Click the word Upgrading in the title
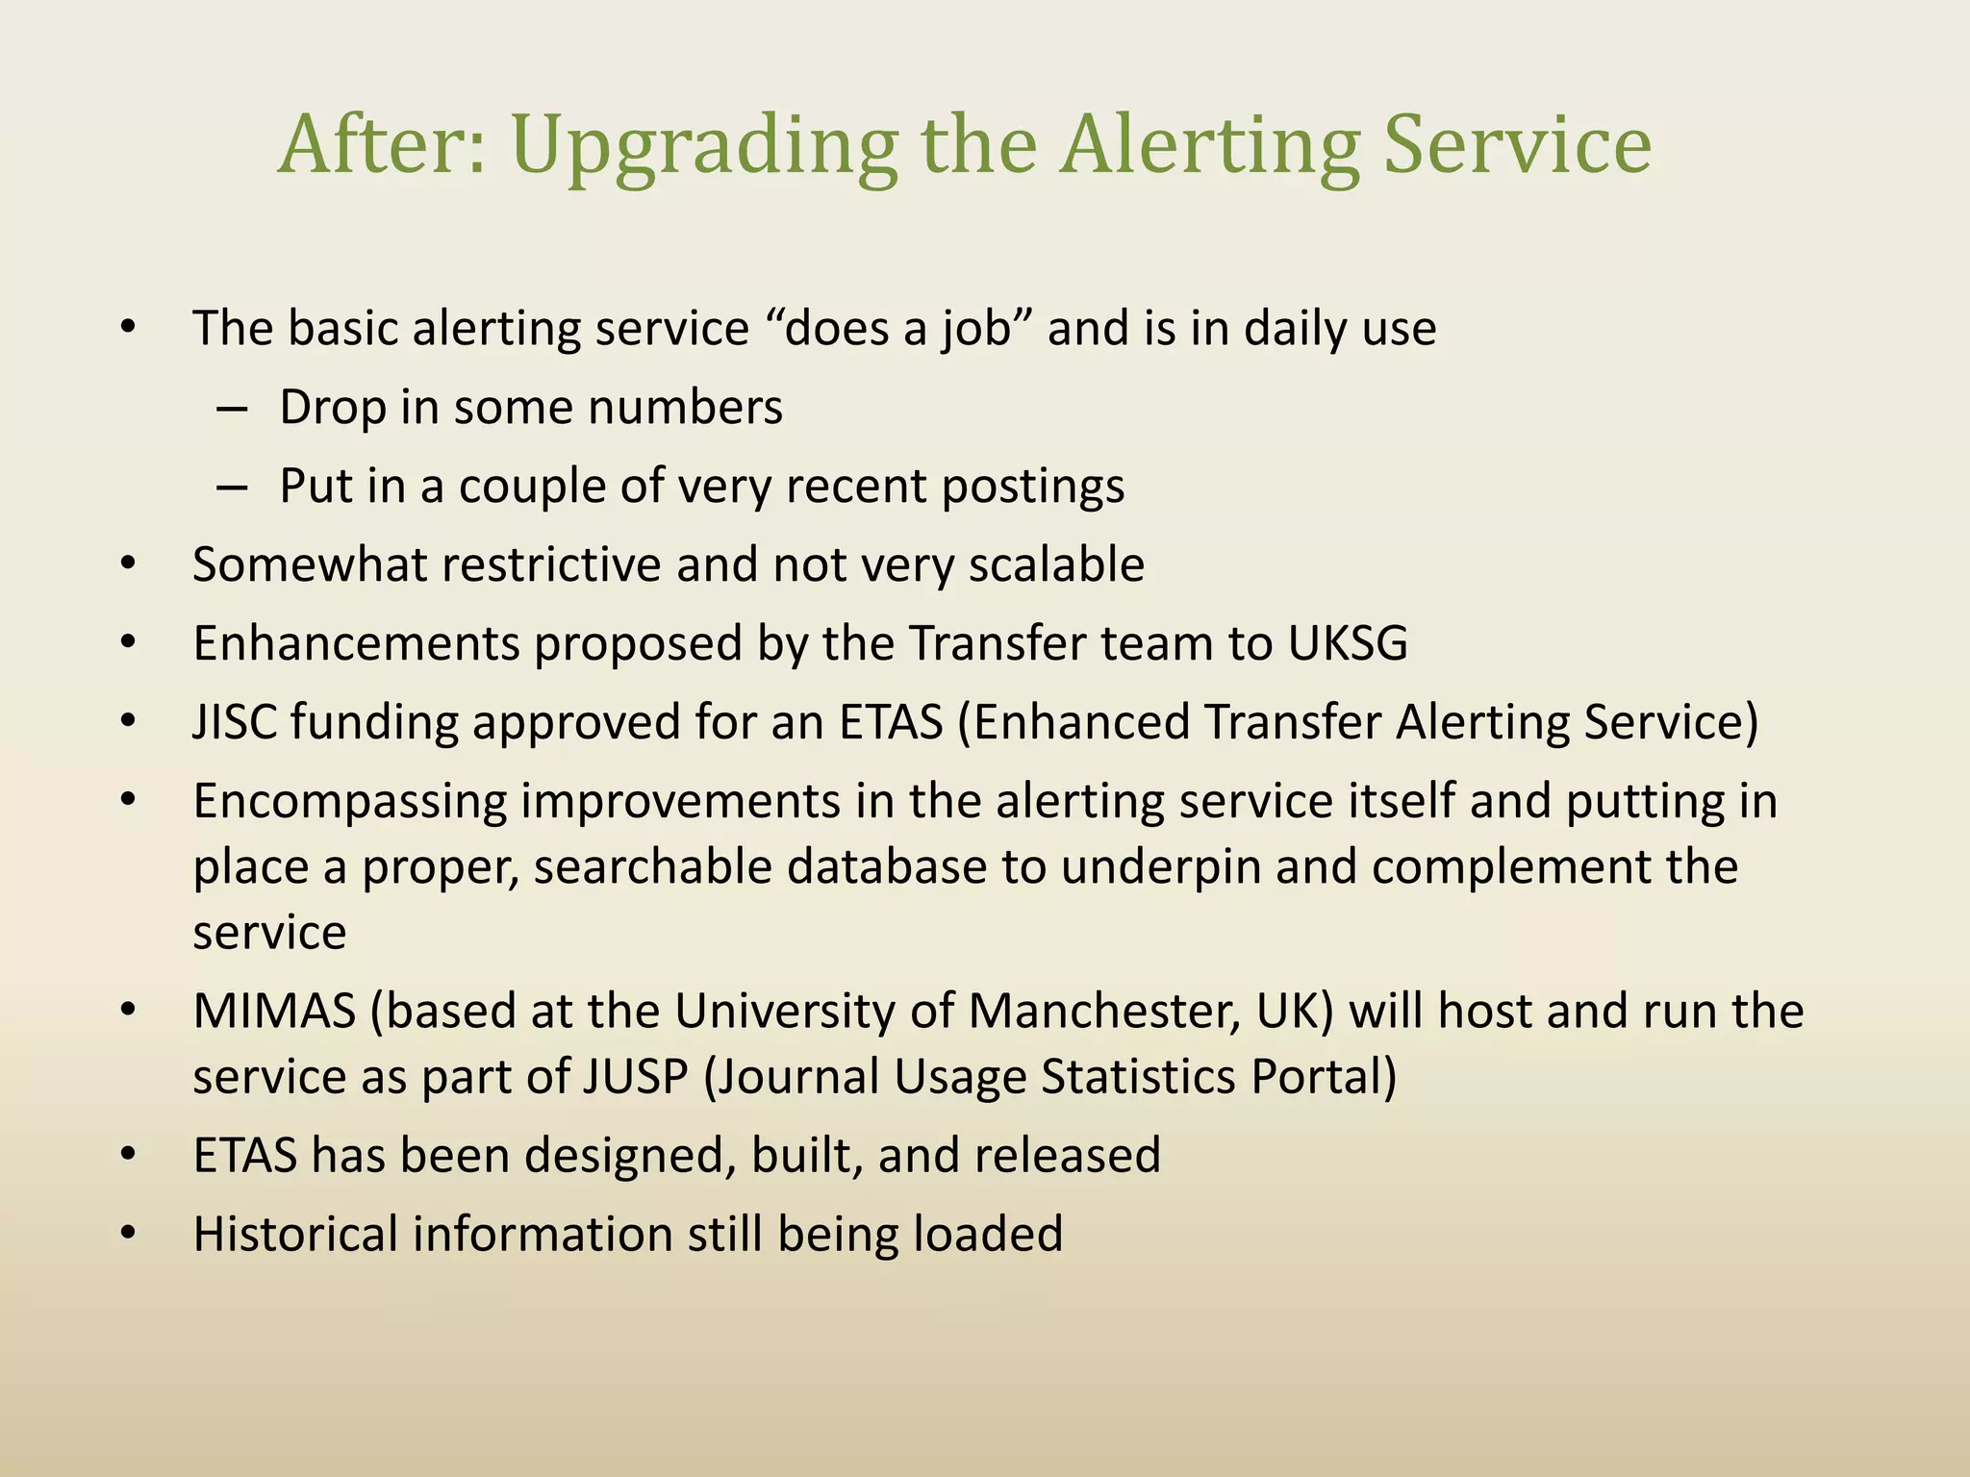pyautogui.click(x=702, y=146)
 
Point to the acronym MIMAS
pyautogui.click(x=274, y=1012)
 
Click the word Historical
pyautogui.click(x=295, y=1235)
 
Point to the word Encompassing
pyautogui.click(x=349, y=802)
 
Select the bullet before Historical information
pyautogui.click(x=129, y=1234)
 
